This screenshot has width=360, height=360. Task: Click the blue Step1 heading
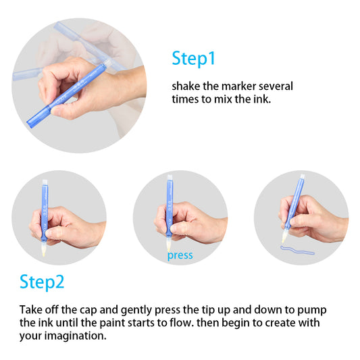[x=193, y=58]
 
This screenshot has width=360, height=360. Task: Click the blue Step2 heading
[x=42, y=280]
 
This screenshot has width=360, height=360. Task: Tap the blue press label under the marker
[x=180, y=255]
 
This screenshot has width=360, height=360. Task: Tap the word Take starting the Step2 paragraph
[x=31, y=309]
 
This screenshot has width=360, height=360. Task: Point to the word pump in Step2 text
[x=314, y=309]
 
